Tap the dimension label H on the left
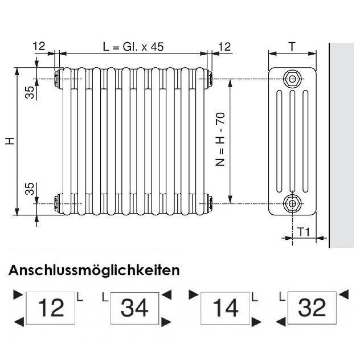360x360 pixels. [x=10, y=140]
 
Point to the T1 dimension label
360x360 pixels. [x=304, y=231]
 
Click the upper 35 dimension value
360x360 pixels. [x=30, y=91]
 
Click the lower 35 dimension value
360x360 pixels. [x=30, y=189]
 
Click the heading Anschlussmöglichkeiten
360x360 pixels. [x=94, y=270]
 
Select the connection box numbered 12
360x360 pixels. [x=50, y=308]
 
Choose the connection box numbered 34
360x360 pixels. [x=135, y=308]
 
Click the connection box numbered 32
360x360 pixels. [x=312, y=308]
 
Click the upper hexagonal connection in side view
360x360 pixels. [x=292, y=78]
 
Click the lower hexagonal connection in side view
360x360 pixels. [x=292, y=202]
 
